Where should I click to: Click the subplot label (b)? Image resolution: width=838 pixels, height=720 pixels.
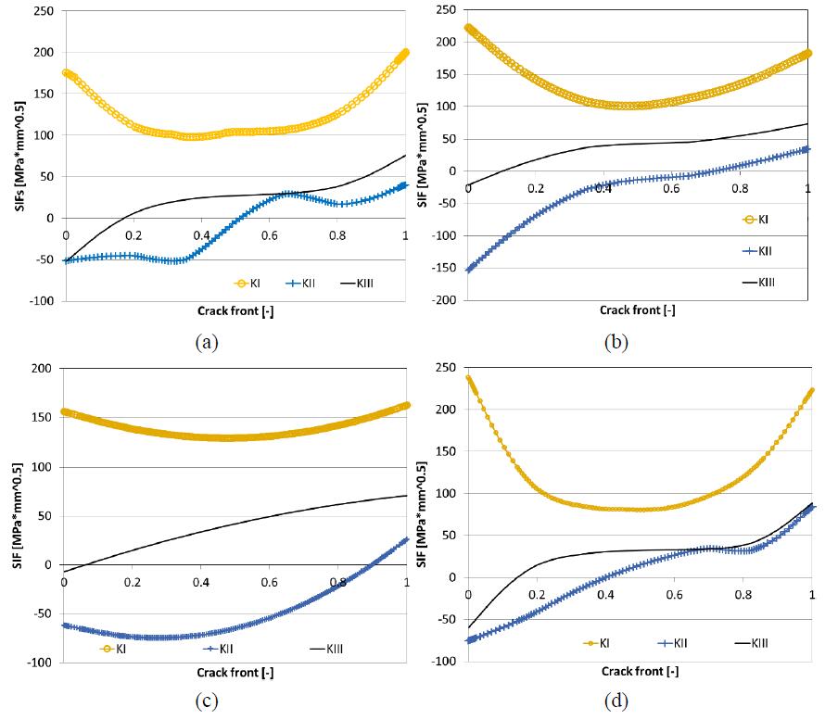pyautogui.click(x=616, y=342)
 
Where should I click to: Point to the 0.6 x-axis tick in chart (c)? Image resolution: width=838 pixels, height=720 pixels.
pyautogui.click(x=270, y=583)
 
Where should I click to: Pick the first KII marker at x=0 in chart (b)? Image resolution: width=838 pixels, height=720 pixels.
pyautogui.click(x=468, y=270)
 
